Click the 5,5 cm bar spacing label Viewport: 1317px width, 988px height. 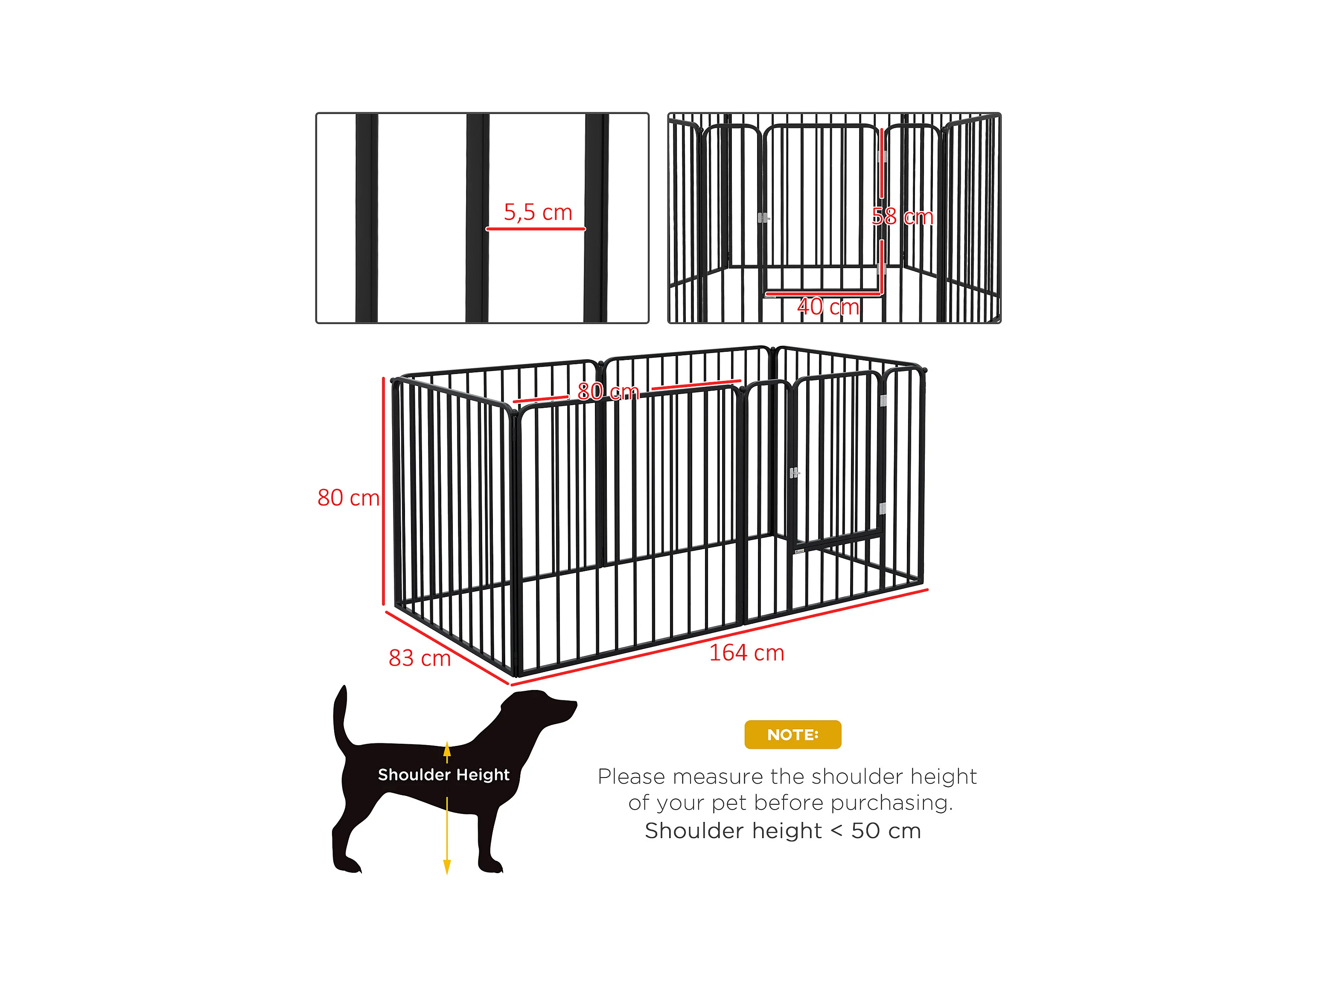[538, 212]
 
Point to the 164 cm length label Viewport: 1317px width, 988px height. [746, 653]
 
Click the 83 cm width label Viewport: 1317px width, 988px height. [420, 658]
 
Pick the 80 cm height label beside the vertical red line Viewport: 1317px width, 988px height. [348, 498]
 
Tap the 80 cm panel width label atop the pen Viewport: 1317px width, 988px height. [608, 391]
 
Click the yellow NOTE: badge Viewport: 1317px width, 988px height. [793, 734]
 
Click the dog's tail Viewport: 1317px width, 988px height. [342, 718]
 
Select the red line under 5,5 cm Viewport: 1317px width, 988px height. [535, 229]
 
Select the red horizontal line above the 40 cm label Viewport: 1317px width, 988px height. [823, 293]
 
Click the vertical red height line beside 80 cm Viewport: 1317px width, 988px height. [383, 491]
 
